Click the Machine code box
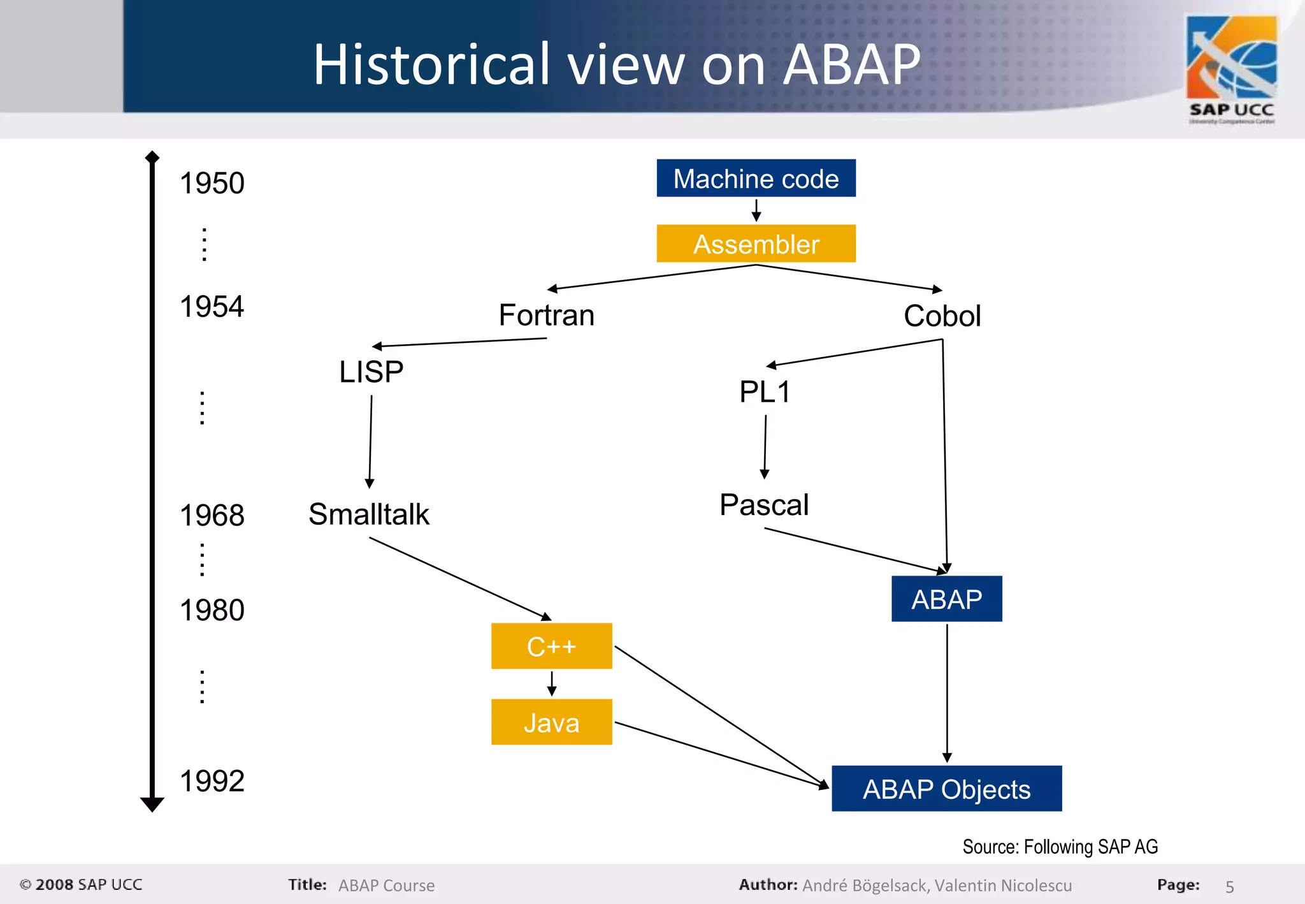tap(756, 179)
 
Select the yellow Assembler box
tap(756, 244)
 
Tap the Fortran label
tap(546, 315)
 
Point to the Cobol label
tap(942, 316)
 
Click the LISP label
tap(371, 372)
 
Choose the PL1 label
tap(765, 391)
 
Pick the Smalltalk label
tap(369, 514)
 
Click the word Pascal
tap(764, 505)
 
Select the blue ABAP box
tap(946, 599)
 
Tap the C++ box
tap(551, 646)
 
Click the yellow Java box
tap(551, 722)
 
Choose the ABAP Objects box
tap(946, 789)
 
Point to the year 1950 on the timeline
tap(212, 183)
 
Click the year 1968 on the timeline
tap(212, 515)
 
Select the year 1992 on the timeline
tap(212, 781)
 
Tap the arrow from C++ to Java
tap(552, 683)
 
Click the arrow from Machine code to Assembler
tap(756, 210)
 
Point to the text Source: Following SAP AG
tap(1060, 847)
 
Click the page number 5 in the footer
tap(1229, 886)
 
